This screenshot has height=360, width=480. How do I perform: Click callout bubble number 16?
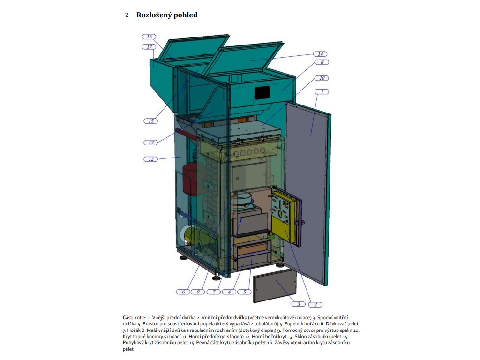click(150, 37)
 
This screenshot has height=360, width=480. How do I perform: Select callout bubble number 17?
click(150, 47)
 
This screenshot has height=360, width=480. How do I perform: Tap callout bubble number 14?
click(321, 54)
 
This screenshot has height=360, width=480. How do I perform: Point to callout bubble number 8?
click(322, 62)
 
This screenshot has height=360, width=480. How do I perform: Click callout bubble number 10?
click(322, 78)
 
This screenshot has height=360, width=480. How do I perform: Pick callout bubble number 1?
click(322, 91)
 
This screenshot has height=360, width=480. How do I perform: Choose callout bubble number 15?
click(151, 121)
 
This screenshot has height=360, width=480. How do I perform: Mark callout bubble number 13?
click(151, 142)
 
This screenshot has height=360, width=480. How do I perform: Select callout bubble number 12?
click(151, 159)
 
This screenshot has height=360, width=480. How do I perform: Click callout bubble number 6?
click(183, 292)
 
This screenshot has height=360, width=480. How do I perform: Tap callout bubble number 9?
click(198, 292)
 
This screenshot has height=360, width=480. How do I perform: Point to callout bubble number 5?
click(244, 292)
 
